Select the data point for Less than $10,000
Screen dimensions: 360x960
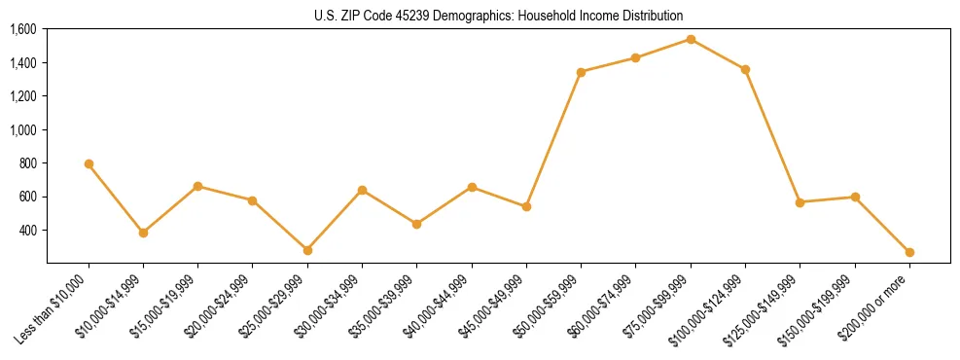point(89,163)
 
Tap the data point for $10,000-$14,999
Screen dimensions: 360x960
point(143,233)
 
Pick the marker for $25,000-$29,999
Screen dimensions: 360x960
point(307,250)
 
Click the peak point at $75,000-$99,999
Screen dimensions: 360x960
point(691,39)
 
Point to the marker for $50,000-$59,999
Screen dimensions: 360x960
point(581,72)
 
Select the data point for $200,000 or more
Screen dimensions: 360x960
point(909,252)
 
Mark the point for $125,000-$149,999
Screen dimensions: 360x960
point(800,202)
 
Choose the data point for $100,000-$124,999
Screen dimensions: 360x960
point(745,69)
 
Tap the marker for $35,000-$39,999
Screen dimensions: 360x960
point(416,224)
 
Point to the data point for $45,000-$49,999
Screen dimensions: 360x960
point(526,206)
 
